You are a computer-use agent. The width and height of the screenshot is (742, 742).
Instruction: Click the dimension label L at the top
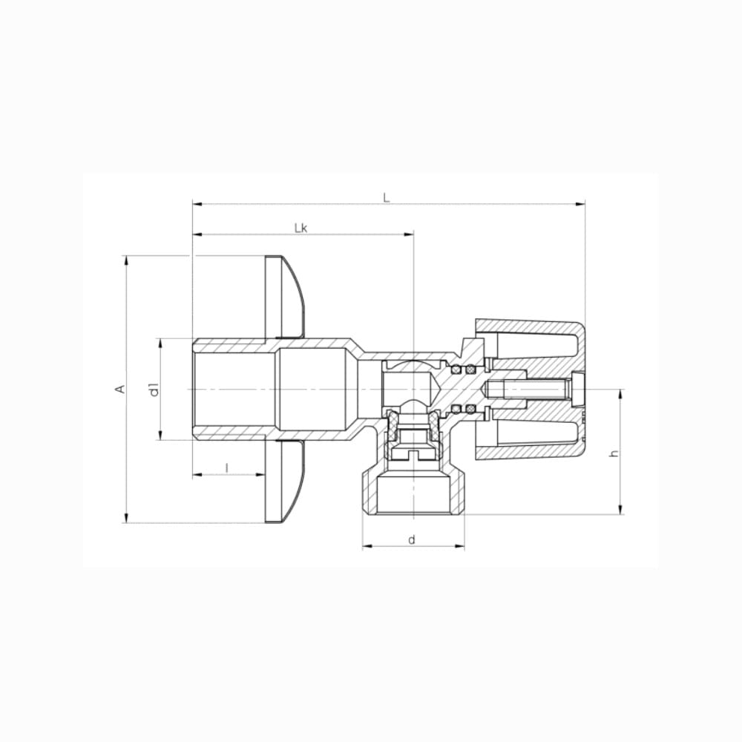coord(387,198)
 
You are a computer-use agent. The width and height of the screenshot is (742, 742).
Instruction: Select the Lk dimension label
coord(301,228)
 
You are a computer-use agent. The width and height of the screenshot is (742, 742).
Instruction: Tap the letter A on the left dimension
coord(121,389)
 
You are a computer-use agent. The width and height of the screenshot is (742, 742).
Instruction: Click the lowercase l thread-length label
coord(227,468)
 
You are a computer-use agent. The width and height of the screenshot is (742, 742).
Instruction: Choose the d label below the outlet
coord(412,539)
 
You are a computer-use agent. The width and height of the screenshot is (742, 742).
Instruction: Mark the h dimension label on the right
coord(614,453)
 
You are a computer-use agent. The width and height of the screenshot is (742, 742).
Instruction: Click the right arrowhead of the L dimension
coord(580,205)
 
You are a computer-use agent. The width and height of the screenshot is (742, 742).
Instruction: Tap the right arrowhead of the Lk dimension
coord(408,234)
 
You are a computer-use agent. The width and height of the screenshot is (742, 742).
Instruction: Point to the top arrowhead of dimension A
coord(126,261)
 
